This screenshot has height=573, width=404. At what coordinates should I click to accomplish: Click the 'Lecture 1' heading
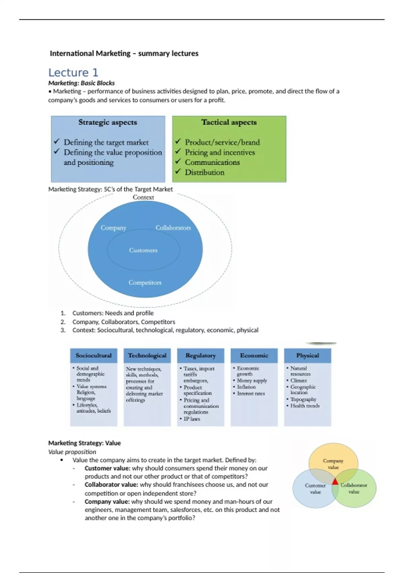(73, 72)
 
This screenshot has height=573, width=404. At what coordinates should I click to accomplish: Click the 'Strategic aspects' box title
(108, 122)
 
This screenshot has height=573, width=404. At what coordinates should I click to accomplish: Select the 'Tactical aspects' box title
(229, 122)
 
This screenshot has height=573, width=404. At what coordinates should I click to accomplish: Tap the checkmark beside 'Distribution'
(178, 172)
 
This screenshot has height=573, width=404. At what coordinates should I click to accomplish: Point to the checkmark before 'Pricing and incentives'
(178, 152)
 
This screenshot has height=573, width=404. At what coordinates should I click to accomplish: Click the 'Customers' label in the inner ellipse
(143, 250)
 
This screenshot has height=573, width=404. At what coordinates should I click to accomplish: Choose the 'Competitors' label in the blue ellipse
(145, 282)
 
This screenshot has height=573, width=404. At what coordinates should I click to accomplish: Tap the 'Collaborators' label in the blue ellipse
(173, 228)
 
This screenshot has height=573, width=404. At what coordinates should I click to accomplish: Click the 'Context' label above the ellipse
(143, 198)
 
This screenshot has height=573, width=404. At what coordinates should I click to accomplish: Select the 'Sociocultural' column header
(94, 356)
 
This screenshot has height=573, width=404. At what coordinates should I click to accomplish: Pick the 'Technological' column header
(147, 356)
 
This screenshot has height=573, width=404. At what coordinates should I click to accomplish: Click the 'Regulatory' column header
(201, 356)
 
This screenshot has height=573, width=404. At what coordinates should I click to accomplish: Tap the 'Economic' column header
(254, 356)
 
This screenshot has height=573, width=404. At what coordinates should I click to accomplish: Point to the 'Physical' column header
(307, 356)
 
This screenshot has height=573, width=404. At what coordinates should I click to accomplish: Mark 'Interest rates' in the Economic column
(251, 393)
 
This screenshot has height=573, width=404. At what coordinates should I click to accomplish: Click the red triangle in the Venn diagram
(335, 482)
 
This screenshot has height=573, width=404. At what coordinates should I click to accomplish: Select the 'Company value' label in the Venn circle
(333, 464)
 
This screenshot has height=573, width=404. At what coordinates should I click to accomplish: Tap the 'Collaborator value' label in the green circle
(354, 488)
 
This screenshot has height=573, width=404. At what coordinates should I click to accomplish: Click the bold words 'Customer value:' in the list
(107, 468)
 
